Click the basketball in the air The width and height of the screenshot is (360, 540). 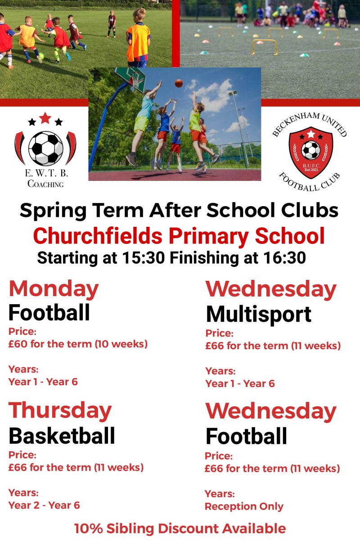(179, 83)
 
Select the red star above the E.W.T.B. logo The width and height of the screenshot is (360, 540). (45, 118)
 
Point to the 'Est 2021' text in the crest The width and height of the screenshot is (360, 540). (311, 170)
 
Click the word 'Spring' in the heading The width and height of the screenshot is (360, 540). (53, 211)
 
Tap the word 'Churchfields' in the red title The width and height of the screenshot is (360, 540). (98, 236)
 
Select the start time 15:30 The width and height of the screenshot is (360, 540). (143, 258)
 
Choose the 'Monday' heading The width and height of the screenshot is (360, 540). (54, 290)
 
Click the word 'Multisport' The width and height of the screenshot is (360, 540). (259, 315)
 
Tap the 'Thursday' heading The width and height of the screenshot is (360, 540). (60, 411)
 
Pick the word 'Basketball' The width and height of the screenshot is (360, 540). (62, 436)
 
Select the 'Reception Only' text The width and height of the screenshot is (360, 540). (244, 506)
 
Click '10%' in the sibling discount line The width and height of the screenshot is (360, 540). (89, 528)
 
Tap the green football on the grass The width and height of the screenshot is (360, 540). (41, 56)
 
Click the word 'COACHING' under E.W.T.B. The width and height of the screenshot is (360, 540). (45, 184)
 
